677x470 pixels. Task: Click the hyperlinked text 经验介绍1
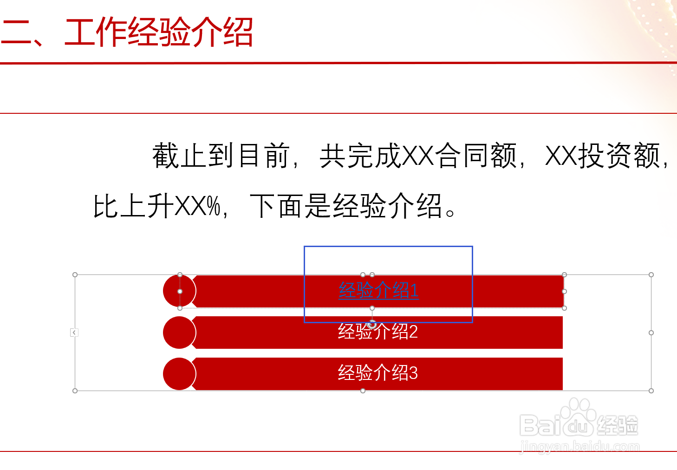(378, 291)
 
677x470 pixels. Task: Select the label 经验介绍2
(378, 332)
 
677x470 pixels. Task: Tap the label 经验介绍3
(378, 373)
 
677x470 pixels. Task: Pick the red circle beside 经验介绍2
(179, 333)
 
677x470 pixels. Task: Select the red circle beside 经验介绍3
(179, 374)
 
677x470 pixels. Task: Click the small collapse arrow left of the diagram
(74, 333)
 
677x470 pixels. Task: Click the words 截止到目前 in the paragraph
(221, 156)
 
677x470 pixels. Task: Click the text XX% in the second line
(197, 206)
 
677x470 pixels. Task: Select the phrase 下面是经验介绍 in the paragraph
(345, 206)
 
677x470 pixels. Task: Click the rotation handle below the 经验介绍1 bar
(372, 325)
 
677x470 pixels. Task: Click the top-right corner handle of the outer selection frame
(651, 275)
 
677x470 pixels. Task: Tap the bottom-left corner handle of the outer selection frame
(75, 391)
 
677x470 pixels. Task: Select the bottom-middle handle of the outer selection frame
(363, 391)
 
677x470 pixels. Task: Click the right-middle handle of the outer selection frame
(651, 333)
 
